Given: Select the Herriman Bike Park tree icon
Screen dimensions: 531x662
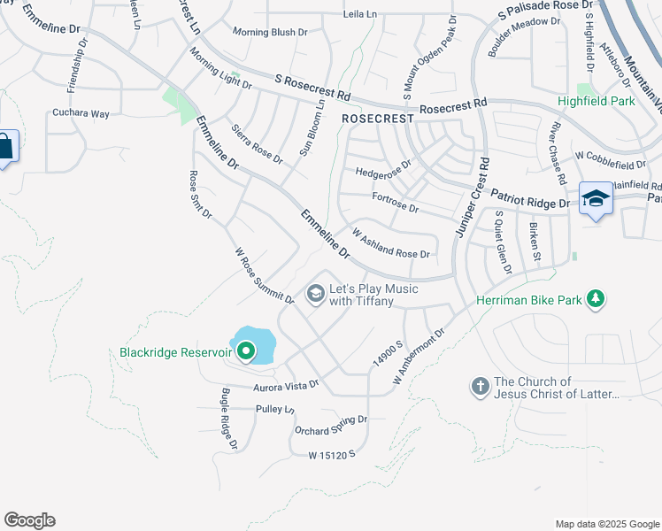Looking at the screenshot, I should [597, 299].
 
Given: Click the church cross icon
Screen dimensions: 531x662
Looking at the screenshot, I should [480, 387].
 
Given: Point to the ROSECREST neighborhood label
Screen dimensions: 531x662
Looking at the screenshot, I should [378, 118].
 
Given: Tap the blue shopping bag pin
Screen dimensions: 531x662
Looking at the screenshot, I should [4, 147].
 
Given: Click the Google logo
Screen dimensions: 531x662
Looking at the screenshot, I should [29, 520].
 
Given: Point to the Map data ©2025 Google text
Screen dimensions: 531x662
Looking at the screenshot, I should [606, 524].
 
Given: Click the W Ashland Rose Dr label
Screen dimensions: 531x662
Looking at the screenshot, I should [390, 242].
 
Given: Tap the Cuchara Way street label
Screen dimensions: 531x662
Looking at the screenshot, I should [81, 114].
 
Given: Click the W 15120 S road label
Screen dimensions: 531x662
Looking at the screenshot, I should [331, 454].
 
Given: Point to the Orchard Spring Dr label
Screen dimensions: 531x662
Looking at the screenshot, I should [330, 424].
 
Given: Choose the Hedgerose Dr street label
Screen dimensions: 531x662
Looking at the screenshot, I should [383, 167].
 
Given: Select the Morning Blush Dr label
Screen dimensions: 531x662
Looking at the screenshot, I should [270, 32].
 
